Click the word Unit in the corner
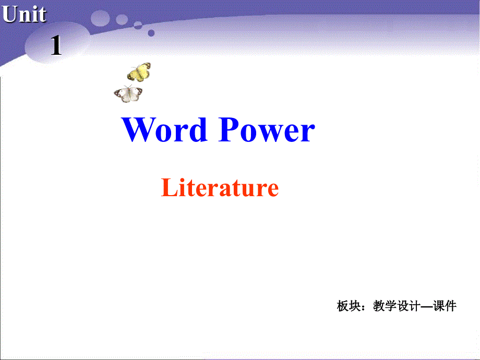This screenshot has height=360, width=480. pos(24,15)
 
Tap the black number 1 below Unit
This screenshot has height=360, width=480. pos(56,47)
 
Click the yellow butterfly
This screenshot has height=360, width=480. pos(139,72)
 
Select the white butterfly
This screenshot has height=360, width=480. pos(128,94)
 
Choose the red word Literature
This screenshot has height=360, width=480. pos(220,188)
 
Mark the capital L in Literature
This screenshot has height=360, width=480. pos(168,188)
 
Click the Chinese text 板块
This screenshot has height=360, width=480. pos(349,306)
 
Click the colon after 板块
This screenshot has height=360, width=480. pos(365,307)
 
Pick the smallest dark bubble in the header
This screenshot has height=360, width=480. pos(151,32)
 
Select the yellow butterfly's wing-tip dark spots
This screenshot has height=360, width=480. pos(148,66)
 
